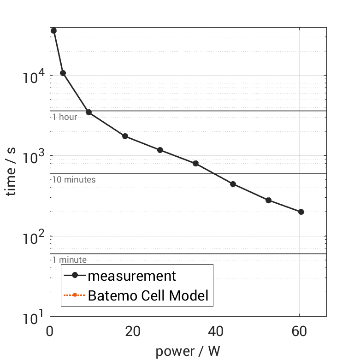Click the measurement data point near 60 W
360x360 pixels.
(301, 212)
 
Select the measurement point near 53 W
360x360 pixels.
(268, 200)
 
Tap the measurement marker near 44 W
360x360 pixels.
(233, 184)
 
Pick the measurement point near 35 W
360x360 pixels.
(195, 163)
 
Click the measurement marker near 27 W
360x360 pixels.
(160, 150)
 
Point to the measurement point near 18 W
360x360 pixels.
(125, 136)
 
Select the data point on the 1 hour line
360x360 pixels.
(89, 112)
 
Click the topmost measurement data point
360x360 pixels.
(53, 30)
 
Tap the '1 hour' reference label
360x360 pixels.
(65, 117)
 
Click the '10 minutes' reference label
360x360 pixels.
(74, 180)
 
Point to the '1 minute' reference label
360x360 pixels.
(69, 260)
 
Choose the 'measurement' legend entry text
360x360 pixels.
(132, 276)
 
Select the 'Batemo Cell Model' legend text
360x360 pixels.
(148, 295)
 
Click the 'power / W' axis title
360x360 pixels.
(188, 351)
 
